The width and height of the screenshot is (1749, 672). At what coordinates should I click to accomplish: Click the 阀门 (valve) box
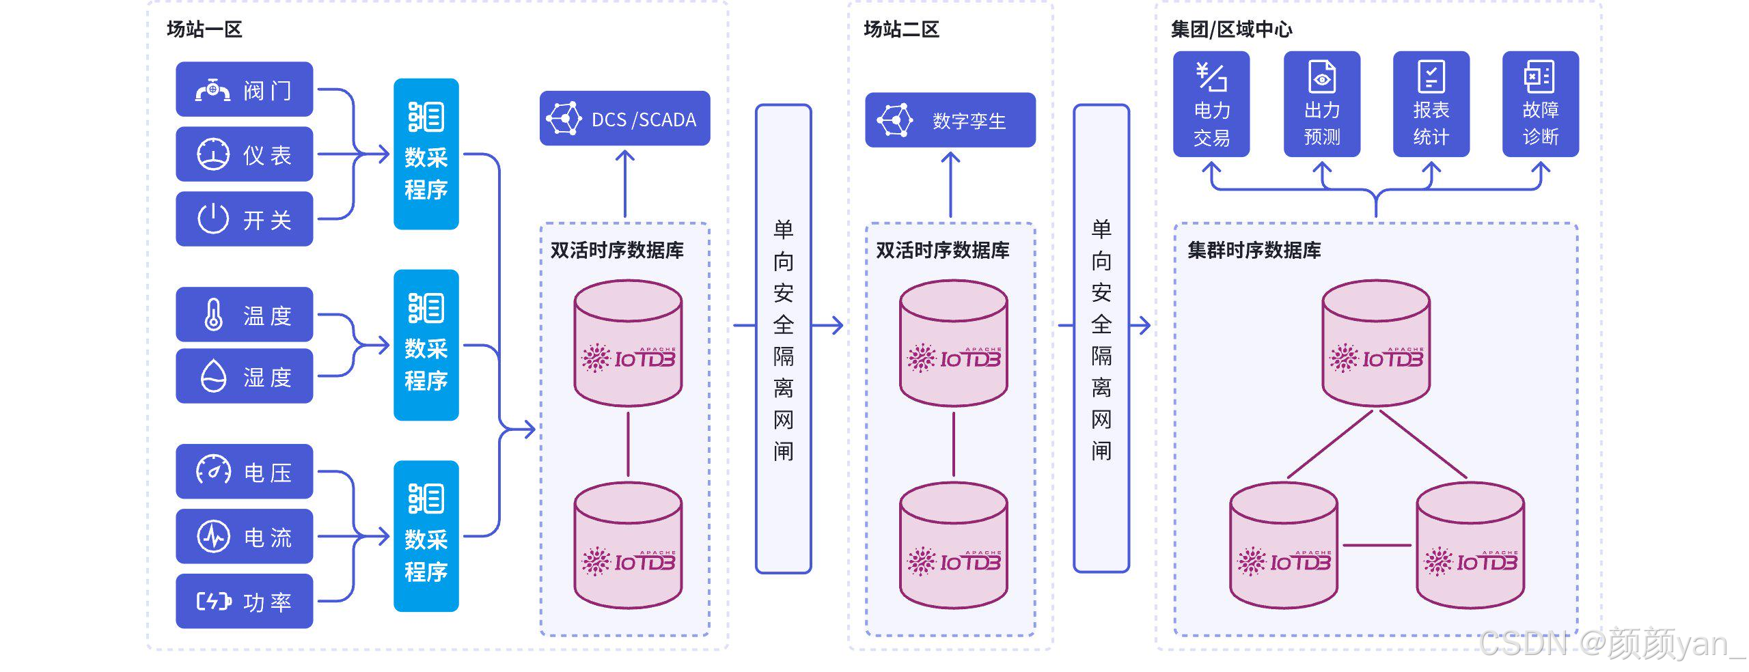pyautogui.click(x=244, y=89)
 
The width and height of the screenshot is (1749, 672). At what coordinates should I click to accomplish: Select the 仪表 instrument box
pyautogui.click(x=244, y=154)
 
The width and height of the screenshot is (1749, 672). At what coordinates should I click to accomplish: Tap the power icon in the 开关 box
pyautogui.click(x=213, y=219)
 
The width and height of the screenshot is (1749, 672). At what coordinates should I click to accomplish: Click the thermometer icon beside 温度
pyautogui.click(x=213, y=315)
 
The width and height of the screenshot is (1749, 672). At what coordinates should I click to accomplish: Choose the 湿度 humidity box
pyautogui.click(x=244, y=376)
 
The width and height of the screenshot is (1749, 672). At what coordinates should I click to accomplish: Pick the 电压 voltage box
pyautogui.click(x=244, y=472)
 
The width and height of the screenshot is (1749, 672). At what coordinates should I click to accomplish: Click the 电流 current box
pyautogui.click(x=244, y=537)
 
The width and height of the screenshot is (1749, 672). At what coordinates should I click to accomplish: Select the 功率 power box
pyautogui.click(x=244, y=601)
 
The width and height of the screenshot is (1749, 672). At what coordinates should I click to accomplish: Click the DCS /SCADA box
pyautogui.click(x=624, y=119)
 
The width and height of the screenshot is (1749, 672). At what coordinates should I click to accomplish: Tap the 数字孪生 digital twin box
pyautogui.click(x=950, y=120)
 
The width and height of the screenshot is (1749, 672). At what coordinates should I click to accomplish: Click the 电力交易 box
pyautogui.click(x=1211, y=104)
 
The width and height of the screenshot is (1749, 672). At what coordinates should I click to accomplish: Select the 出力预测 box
pyautogui.click(x=1321, y=104)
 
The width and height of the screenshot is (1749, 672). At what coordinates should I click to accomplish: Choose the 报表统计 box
pyautogui.click(x=1431, y=104)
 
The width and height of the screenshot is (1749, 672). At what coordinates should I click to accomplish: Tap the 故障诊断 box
pyautogui.click(x=1540, y=104)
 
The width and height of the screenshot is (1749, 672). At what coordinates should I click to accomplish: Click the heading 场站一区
pyautogui.click(x=204, y=29)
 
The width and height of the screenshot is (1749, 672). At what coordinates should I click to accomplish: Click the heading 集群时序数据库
pyautogui.click(x=1254, y=250)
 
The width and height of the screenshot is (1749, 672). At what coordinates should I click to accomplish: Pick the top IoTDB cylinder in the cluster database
pyautogui.click(x=1375, y=343)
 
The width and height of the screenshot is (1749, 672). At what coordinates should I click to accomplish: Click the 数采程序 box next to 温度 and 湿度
pyautogui.click(x=426, y=345)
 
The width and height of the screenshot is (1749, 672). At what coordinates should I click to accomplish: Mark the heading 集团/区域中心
pyautogui.click(x=1231, y=29)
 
